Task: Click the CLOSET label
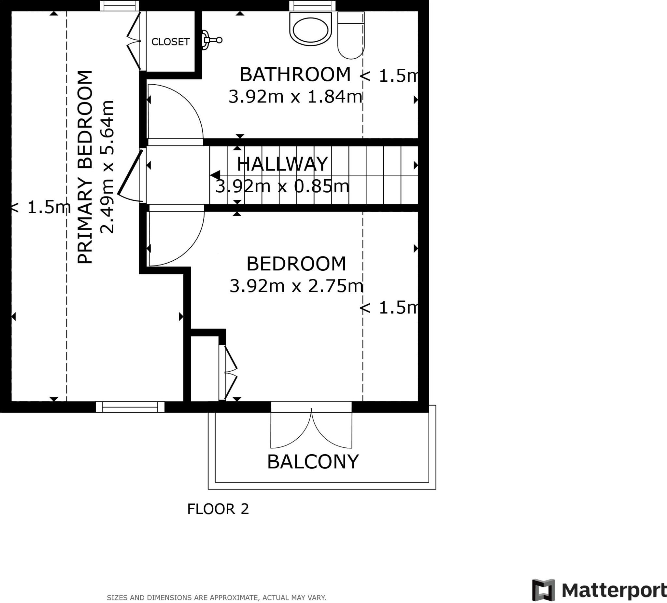point(170,42)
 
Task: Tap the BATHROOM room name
point(295,75)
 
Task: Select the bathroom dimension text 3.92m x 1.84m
point(295,97)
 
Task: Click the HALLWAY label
point(282,164)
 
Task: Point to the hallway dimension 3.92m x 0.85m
point(282,186)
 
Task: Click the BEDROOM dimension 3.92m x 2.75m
point(296,286)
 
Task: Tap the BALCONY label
point(313,462)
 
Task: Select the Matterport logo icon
point(543,590)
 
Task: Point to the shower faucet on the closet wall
point(212,40)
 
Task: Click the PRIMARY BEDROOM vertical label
point(85,167)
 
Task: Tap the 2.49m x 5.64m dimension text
point(107,167)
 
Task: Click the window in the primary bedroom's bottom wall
point(130,407)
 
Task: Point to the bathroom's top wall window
point(312,6)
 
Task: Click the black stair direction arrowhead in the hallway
point(215,175)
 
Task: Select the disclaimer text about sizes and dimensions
point(216,598)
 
